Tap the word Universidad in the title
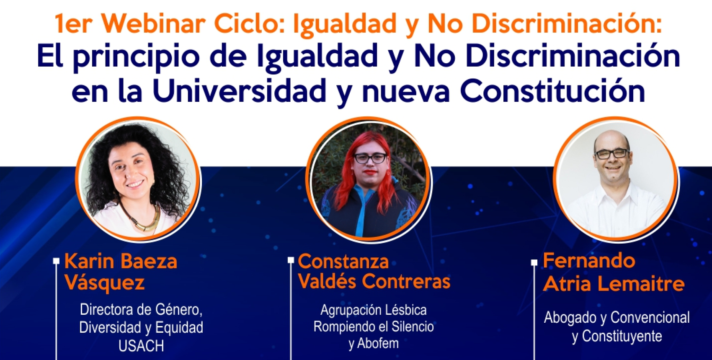pyautogui.click(x=239, y=91)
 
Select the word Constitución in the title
pyautogui.click(x=552, y=91)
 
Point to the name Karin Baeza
pyautogui.click(x=121, y=262)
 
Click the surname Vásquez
pyautogui.click(x=105, y=283)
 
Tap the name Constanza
pyautogui.click(x=343, y=262)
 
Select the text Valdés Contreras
pyautogui.click(x=374, y=281)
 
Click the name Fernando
pyautogui.click(x=589, y=261)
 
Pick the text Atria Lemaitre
pyautogui.click(x=614, y=284)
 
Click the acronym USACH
pyautogui.click(x=141, y=346)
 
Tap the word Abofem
pyautogui.click(x=378, y=343)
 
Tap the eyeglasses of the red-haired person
pyautogui.click(x=370, y=158)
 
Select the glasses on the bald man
pyautogui.click(x=612, y=154)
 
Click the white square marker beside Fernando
pyautogui.click(x=534, y=262)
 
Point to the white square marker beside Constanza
pyautogui.click(x=291, y=260)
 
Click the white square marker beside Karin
pyautogui.click(x=57, y=261)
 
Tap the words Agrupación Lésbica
pyautogui.click(x=374, y=310)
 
